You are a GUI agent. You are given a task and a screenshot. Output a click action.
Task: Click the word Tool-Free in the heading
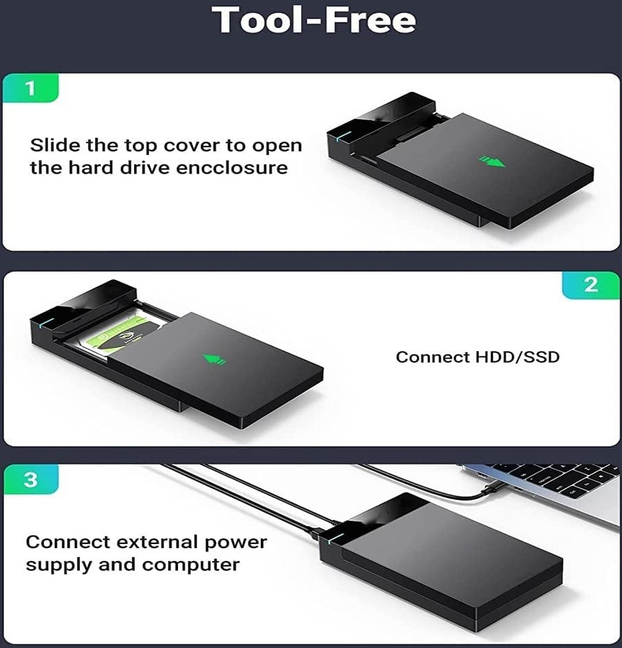(313, 20)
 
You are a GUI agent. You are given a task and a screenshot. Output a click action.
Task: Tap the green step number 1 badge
(31, 88)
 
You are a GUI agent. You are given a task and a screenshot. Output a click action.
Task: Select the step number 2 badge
(591, 285)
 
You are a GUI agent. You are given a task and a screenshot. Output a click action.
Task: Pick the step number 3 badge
(31, 480)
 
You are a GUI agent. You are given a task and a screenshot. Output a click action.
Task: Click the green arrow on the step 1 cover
(491, 161)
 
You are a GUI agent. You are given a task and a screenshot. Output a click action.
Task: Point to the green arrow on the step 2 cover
(215, 359)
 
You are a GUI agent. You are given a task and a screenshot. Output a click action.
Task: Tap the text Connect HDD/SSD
(478, 357)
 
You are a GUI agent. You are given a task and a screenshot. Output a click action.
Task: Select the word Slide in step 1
(55, 145)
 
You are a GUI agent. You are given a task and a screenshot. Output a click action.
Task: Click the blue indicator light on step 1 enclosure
(343, 136)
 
